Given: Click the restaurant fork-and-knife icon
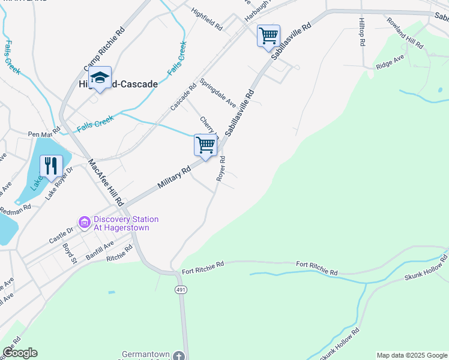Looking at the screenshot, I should pyautogui.click(x=50, y=166).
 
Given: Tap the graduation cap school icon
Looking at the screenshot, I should pyautogui.click(x=100, y=78).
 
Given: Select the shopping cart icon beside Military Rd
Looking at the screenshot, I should pyautogui.click(x=205, y=145).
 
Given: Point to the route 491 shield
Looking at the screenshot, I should pyautogui.click(x=181, y=290).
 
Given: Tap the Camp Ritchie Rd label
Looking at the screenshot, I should pyautogui.click(x=104, y=48).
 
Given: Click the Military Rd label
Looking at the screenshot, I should pyautogui.click(x=174, y=178).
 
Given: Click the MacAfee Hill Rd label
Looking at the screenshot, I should pyautogui.click(x=106, y=182).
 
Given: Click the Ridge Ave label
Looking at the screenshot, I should pyautogui.click(x=390, y=62).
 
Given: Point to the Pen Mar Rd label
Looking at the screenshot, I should pyautogui.click(x=44, y=132).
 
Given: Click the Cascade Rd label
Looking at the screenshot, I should pyautogui.click(x=183, y=96).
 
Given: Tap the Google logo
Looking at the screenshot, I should pyautogui.click(x=20, y=353).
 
